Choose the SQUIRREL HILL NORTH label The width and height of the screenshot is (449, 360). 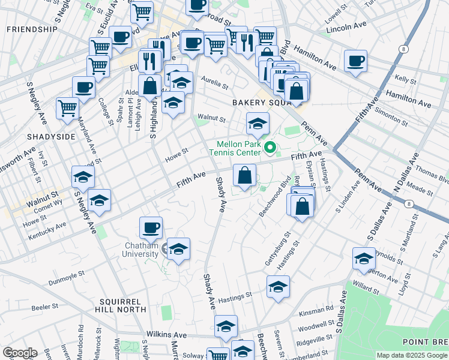pos(125,305)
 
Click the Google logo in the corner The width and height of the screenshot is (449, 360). pos(19,353)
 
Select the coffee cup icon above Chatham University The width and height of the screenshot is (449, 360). pos(151,227)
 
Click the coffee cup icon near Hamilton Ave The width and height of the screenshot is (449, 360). pos(356,61)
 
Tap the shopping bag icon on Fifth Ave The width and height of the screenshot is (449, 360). pos(244,176)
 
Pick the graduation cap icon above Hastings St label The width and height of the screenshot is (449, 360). pos(278,287)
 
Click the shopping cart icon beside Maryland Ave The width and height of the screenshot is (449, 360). pos(67,108)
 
